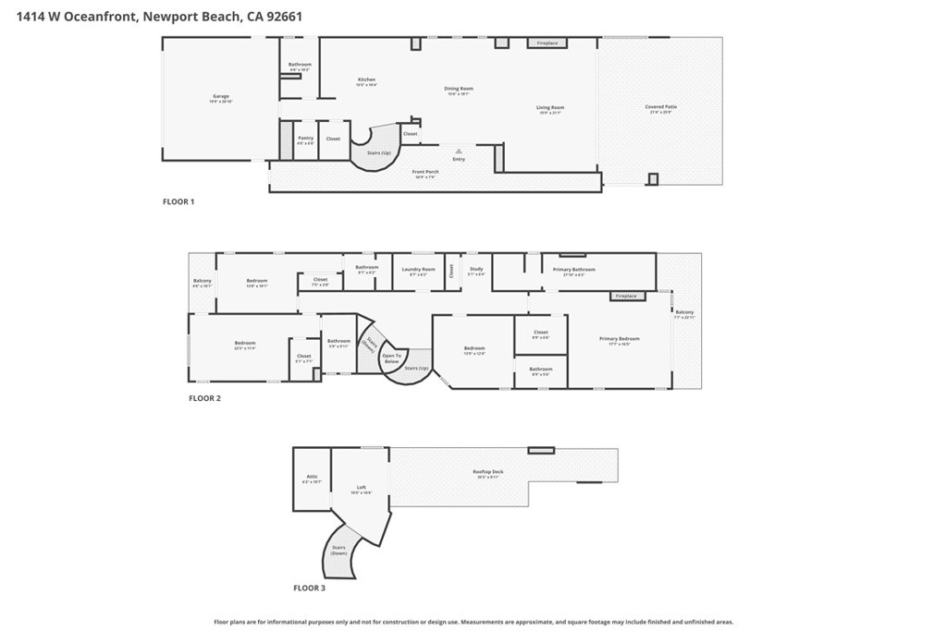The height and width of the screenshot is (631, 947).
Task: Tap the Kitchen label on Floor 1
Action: click(x=367, y=81)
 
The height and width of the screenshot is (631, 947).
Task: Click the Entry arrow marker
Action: click(x=459, y=150)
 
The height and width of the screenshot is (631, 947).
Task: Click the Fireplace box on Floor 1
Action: click(x=547, y=42)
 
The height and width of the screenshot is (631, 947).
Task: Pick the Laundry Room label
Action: click(x=416, y=270)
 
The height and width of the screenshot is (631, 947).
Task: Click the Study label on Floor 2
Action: click(x=475, y=270)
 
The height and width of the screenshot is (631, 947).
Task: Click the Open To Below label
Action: click(x=392, y=358)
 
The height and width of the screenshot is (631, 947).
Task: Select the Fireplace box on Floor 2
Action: click(x=626, y=296)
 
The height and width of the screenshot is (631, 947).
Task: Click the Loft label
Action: click(x=361, y=489)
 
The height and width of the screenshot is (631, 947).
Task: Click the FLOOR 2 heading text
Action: click(x=204, y=398)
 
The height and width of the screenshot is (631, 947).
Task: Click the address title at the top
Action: click(x=158, y=16)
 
